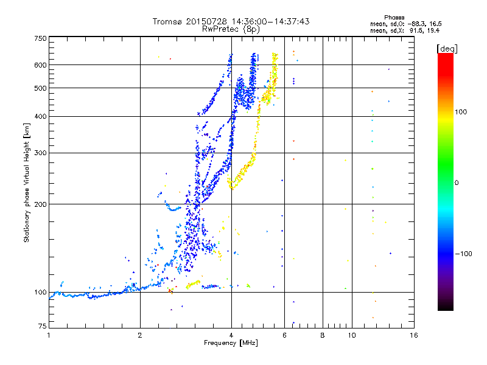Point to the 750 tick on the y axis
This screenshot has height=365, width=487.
[41, 38]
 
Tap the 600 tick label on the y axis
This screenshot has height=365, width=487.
[41, 65]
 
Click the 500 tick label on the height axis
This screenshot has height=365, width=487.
[41, 88]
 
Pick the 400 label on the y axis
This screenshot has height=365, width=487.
[41, 117]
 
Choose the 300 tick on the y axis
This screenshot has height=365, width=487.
[41, 153]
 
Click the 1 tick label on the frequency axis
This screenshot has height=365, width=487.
[49, 335]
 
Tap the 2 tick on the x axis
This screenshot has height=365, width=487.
[140, 335]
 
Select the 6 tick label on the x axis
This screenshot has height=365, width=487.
[284, 335]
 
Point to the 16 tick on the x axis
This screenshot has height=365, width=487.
[413, 335]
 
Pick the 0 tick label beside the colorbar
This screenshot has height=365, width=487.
[457, 182]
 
